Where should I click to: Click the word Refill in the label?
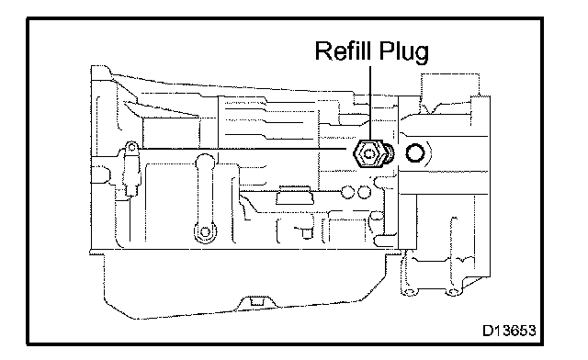(344, 51)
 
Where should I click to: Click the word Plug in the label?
(403, 53)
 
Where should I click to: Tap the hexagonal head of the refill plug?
(368, 153)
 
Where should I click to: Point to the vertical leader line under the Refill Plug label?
(370, 104)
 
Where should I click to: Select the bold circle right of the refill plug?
(415, 153)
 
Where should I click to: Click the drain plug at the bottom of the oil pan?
(256, 301)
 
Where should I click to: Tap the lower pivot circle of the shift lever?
(205, 232)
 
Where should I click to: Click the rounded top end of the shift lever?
(205, 159)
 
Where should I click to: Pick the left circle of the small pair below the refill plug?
(347, 192)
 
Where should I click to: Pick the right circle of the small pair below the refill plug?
(364, 192)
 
